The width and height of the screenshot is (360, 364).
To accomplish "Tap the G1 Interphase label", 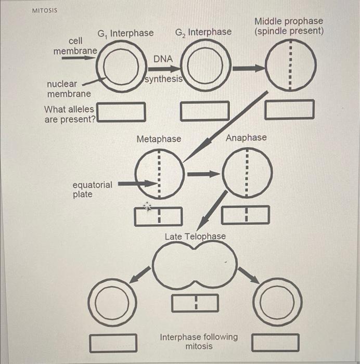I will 125,33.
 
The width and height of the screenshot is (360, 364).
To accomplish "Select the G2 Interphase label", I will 203,32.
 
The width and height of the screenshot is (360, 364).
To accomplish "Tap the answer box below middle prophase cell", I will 289,110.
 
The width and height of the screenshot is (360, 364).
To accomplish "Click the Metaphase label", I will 159,139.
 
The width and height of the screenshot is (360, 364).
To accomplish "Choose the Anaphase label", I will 246,138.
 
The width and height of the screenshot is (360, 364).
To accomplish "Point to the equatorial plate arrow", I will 137,184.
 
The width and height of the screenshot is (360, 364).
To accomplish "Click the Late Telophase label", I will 195,237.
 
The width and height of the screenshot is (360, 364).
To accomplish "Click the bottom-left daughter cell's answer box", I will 114,342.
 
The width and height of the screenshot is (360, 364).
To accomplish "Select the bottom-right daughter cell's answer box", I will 276,342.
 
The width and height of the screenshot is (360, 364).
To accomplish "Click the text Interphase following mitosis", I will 199,341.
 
